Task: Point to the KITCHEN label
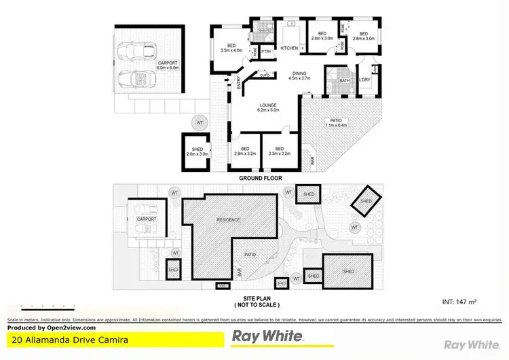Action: (x=289, y=48)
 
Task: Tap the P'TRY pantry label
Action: (x=267, y=51)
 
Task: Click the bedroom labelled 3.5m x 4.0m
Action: (x=231, y=46)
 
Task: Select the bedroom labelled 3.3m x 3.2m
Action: (x=279, y=151)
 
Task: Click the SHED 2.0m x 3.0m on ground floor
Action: (x=197, y=151)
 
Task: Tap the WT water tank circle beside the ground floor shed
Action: (x=199, y=123)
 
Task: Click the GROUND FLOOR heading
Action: (x=260, y=178)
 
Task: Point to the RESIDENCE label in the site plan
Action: (x=228, y=221)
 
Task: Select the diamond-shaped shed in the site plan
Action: (x=366, y=201)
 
